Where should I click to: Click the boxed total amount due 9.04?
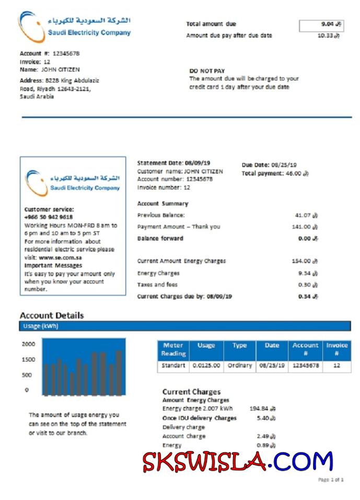coord(321,25)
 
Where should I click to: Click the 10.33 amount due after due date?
coord(328,36)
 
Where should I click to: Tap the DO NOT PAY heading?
coord(207,71)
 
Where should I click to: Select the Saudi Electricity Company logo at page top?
coord(75,26)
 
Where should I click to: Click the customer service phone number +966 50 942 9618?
coord(49,217)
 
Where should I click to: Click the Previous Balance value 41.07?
coord(306,215)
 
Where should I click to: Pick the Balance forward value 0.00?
coord(307,238)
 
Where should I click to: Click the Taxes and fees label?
coord(157,285)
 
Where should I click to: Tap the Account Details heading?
coord(52,316)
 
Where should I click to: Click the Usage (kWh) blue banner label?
coord(40,326)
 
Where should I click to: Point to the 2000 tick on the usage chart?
coord(29,344)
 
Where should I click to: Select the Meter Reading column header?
coord(173,350)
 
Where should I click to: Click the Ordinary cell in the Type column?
coord(240,366)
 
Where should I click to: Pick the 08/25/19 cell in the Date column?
coord(272,366)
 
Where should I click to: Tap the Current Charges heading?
coord(191,392)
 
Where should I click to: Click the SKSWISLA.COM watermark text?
coord(238,462)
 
